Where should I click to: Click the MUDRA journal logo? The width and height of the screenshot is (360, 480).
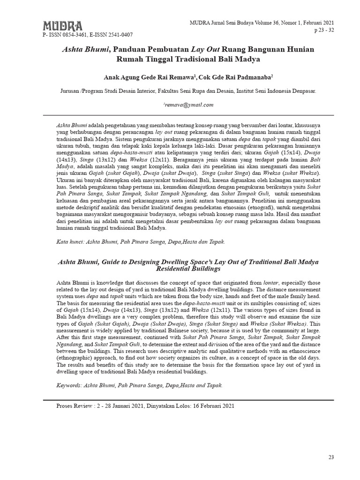[x=62, y=25]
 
